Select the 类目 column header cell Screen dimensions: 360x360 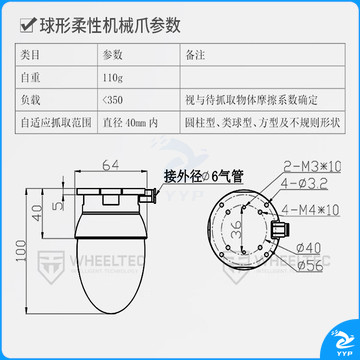[x=32, y=54]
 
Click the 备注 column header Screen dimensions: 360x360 [x=199, y=54]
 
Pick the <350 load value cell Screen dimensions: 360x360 [x=114, y=100]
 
